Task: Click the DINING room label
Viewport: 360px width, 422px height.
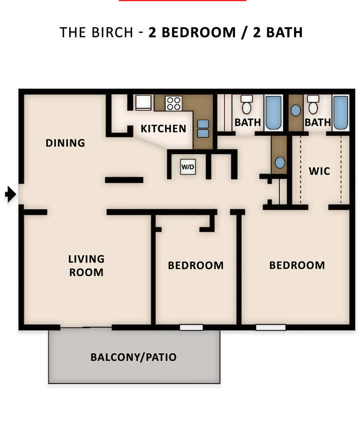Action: click(x=65, y=143)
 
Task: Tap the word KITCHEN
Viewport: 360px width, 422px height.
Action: click(x=163, y=129)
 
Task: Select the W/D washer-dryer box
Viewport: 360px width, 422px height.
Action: click(x=187, y=167)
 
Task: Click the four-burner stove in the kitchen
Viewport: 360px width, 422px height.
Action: click(x=173, y=104)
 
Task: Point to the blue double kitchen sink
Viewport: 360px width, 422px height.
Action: click(x=203, y=129)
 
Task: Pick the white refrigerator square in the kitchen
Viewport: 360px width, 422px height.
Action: click(x=144, y=102)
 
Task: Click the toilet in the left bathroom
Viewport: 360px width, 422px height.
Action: click(x=246, y=105)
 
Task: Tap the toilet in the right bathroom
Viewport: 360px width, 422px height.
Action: click(x=313, y=105)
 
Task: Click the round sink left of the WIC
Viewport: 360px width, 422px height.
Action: click(x=280, y=163)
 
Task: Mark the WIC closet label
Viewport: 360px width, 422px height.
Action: click(x=319, y=171)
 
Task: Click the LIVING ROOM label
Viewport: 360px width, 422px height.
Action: click(x=86, y=265)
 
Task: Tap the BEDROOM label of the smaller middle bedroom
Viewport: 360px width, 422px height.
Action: click(x=195, y=266)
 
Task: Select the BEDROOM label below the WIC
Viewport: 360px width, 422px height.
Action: click(x=297, y=265)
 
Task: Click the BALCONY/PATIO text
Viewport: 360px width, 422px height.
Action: click(x=133, y=357)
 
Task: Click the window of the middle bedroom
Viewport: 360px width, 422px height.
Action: click(x=191, y=327)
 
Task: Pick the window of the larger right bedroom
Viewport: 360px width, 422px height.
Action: click(x=270, y=327)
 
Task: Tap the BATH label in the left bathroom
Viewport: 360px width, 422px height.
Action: click(x=248, y=122)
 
